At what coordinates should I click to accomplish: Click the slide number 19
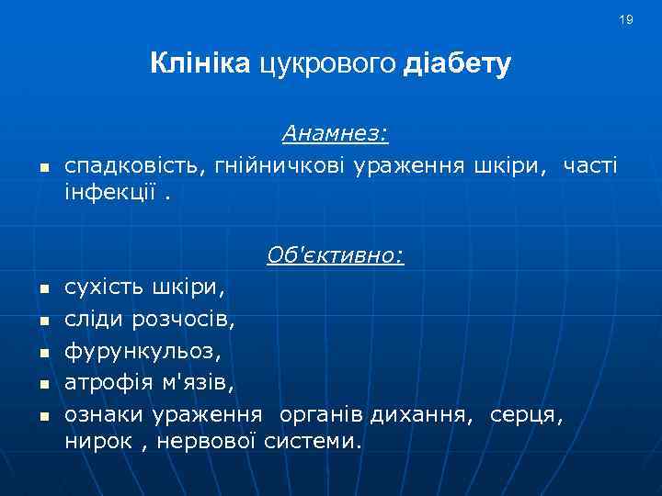click(x=626, y=19)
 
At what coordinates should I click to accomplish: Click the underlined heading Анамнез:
click(x=335, y=134)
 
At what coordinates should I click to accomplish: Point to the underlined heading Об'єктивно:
click(x=335, y=254)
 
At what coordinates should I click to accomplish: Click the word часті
click(x=590, y=165)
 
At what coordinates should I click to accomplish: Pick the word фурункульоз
click(x=143, y=351)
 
